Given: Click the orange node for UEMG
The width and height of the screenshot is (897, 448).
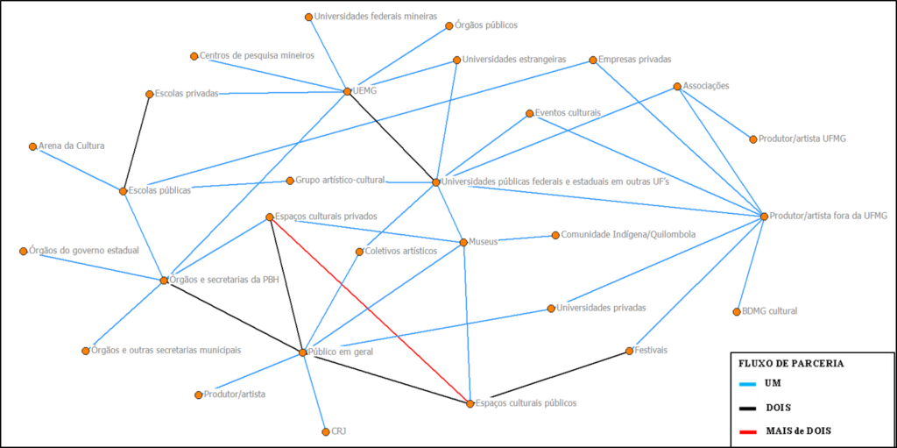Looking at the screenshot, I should coord(347,91).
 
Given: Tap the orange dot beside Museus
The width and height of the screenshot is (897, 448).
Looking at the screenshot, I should coord(463,242).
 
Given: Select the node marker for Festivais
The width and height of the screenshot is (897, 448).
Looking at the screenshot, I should coord(629,351).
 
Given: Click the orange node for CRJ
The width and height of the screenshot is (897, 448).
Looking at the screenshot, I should coord(325,431).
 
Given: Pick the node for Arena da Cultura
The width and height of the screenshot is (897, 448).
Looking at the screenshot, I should coord(32,146).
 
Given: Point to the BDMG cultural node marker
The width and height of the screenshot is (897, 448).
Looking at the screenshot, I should coord(737,311).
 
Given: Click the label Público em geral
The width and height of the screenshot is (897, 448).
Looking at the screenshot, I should coord(341,352).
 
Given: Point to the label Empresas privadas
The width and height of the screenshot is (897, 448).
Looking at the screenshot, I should coord(635,60).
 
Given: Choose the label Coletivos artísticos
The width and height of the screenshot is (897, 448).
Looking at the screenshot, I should coord(401,251).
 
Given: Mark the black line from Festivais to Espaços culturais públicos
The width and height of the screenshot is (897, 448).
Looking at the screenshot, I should coord(549,377).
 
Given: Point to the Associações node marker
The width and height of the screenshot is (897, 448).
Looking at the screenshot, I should coord(677,86).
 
